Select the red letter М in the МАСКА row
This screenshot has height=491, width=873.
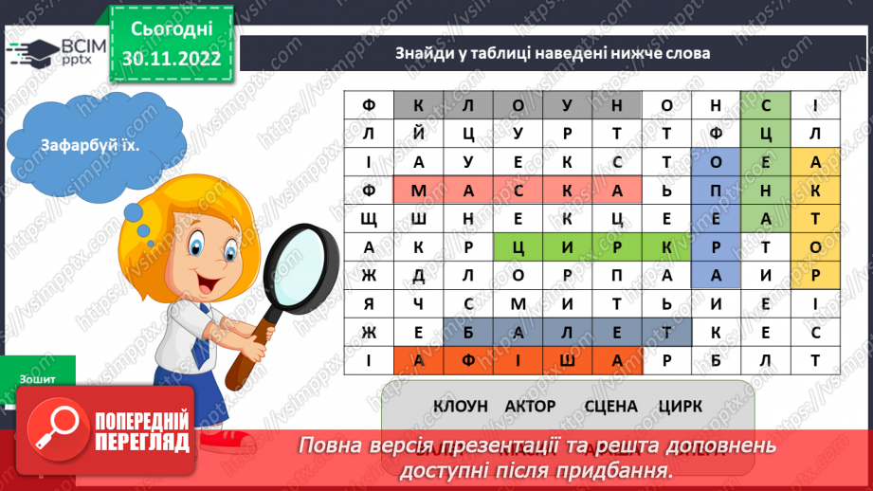418,191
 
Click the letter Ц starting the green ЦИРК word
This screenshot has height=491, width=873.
518,248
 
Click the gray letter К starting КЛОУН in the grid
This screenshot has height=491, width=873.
418,105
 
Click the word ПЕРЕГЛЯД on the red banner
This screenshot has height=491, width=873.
140,443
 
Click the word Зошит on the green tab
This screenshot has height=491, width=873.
37,378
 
